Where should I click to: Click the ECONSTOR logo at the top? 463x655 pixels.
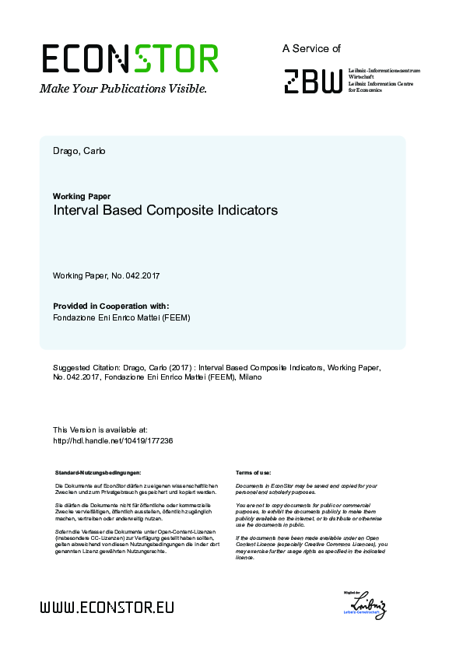click(129, 59)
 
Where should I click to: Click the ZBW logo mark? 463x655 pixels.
click(312, 81)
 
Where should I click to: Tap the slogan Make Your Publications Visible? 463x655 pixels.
click(124, 89)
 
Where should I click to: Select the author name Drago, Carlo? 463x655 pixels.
click(79, 150)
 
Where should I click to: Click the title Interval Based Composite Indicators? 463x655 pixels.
click(165, 210)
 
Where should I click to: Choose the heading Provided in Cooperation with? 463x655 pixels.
click(110, 306)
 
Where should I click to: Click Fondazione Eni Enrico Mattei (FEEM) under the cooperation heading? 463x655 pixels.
click(121, 317)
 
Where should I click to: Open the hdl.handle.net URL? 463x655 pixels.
click(112, 440)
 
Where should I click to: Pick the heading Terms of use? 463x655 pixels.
click(253, 472)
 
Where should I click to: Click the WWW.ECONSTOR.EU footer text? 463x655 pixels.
click(107, 607)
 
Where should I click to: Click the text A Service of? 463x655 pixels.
click(311, 48)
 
